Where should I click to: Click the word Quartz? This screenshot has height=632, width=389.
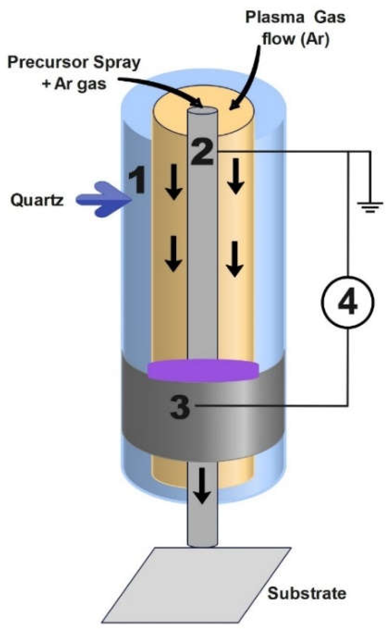[x=37, y=200]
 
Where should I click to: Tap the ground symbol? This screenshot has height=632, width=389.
[x=370, y=206]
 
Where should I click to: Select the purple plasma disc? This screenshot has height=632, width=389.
[x=203, y=370]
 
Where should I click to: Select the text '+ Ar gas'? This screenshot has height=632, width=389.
[x=74, y=84]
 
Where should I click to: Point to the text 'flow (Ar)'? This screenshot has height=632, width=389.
[x=295, y=39]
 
